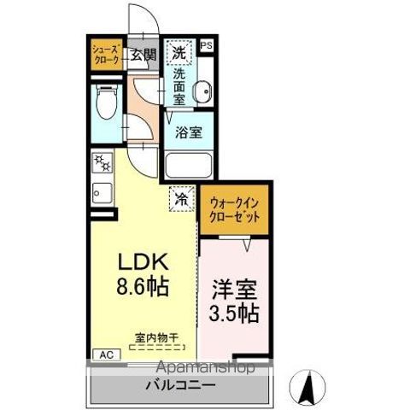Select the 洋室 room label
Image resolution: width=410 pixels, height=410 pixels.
click(231, 288)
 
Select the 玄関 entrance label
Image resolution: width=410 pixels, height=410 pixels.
click(142, 56)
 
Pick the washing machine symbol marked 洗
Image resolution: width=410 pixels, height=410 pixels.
click(179, 52)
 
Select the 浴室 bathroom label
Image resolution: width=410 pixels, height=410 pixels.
click(189, 132)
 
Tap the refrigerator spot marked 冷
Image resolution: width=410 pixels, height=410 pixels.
click(182, 198)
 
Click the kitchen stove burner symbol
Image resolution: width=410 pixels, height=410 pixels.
click(103, 161)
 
